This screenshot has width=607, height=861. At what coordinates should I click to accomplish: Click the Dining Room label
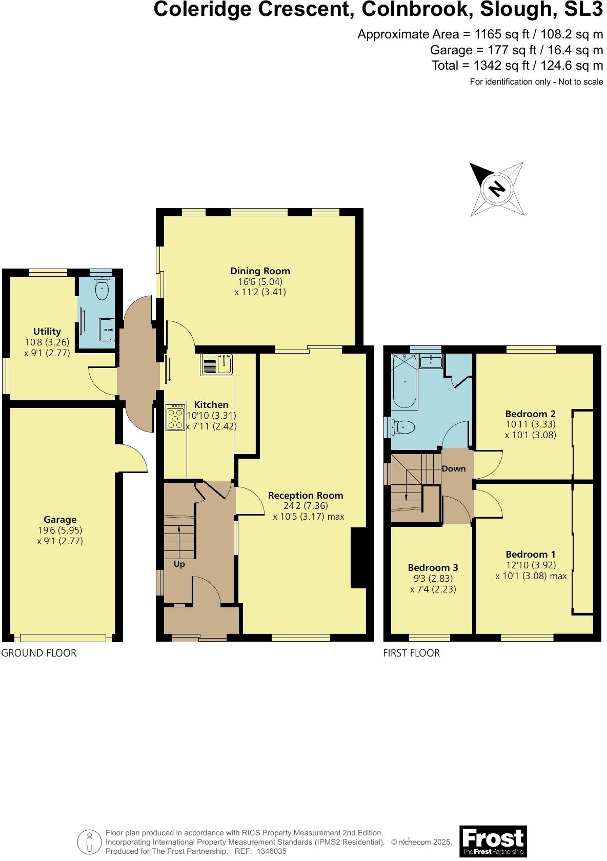pos(260,271)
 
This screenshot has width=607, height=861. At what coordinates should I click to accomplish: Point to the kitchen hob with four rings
pos(175,417)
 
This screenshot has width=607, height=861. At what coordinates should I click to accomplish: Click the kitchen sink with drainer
pos(217,364)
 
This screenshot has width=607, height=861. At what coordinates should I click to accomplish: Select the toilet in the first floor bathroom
pos(403,426)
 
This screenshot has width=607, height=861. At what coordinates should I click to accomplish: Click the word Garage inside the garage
pos(60,520)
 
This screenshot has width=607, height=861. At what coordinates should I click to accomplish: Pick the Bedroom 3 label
pos(433,567)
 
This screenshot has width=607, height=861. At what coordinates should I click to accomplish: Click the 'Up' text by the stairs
pos(179,564)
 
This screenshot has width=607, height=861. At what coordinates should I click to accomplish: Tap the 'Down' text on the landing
pos(454,468)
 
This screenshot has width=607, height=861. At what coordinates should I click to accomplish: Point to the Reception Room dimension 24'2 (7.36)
pos(306,506)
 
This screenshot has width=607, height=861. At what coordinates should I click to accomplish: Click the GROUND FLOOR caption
pos(39,653)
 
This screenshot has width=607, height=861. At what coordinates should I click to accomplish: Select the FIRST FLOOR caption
pos(412,653)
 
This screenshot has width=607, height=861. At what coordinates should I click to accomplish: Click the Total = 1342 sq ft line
pos(517,66)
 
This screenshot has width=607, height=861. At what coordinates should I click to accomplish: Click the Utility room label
pos(47,332)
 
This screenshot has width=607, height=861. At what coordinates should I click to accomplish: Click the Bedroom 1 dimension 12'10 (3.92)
pos(531,565)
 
